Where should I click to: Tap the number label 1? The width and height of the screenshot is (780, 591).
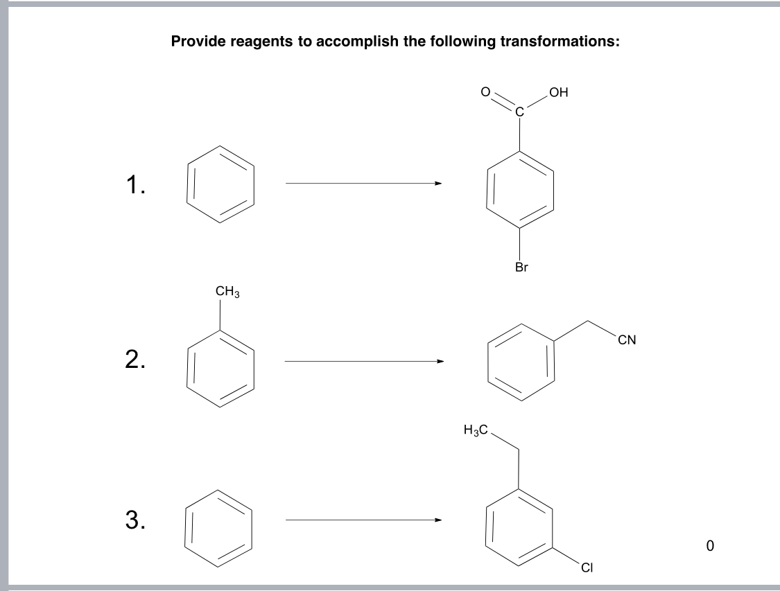(x=135, y=184)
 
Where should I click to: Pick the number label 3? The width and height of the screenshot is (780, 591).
(x=135, y=519)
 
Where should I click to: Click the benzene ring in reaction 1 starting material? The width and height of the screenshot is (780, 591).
(x=220, y=184)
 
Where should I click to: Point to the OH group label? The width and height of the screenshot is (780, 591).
(x=557, y=92)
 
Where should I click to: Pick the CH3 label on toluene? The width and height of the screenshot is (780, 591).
(x=227, y=292)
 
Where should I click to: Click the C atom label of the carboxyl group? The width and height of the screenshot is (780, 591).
(x=521, y=108)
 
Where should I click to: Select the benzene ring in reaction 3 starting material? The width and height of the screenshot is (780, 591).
(x=220, y=521)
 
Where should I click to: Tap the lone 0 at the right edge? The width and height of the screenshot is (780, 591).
(x=709, y=545)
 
